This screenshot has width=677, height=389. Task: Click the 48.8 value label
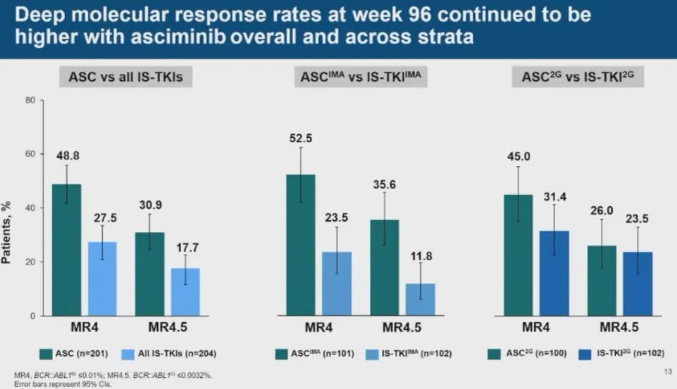coord(67,154)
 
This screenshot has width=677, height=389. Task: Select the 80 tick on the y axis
coord(30,100)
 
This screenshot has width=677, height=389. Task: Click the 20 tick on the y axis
coord(30,262)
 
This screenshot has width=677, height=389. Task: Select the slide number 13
coord(666,371)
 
